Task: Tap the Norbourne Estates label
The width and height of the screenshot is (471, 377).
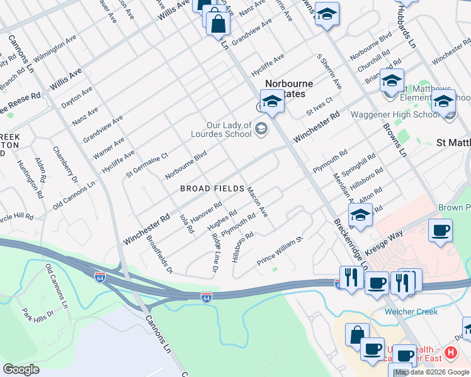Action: click(288, 89)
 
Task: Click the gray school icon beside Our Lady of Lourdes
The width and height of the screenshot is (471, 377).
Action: click(261, 129)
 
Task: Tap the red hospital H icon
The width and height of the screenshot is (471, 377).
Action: click(450, 354)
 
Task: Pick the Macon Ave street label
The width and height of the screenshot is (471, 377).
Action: click(258, 202)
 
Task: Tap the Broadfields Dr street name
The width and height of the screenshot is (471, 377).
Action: click(159, 254)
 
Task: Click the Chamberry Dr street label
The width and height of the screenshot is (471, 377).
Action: click(64, 164)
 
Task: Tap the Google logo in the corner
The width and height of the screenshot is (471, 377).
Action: click(21, 369)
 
